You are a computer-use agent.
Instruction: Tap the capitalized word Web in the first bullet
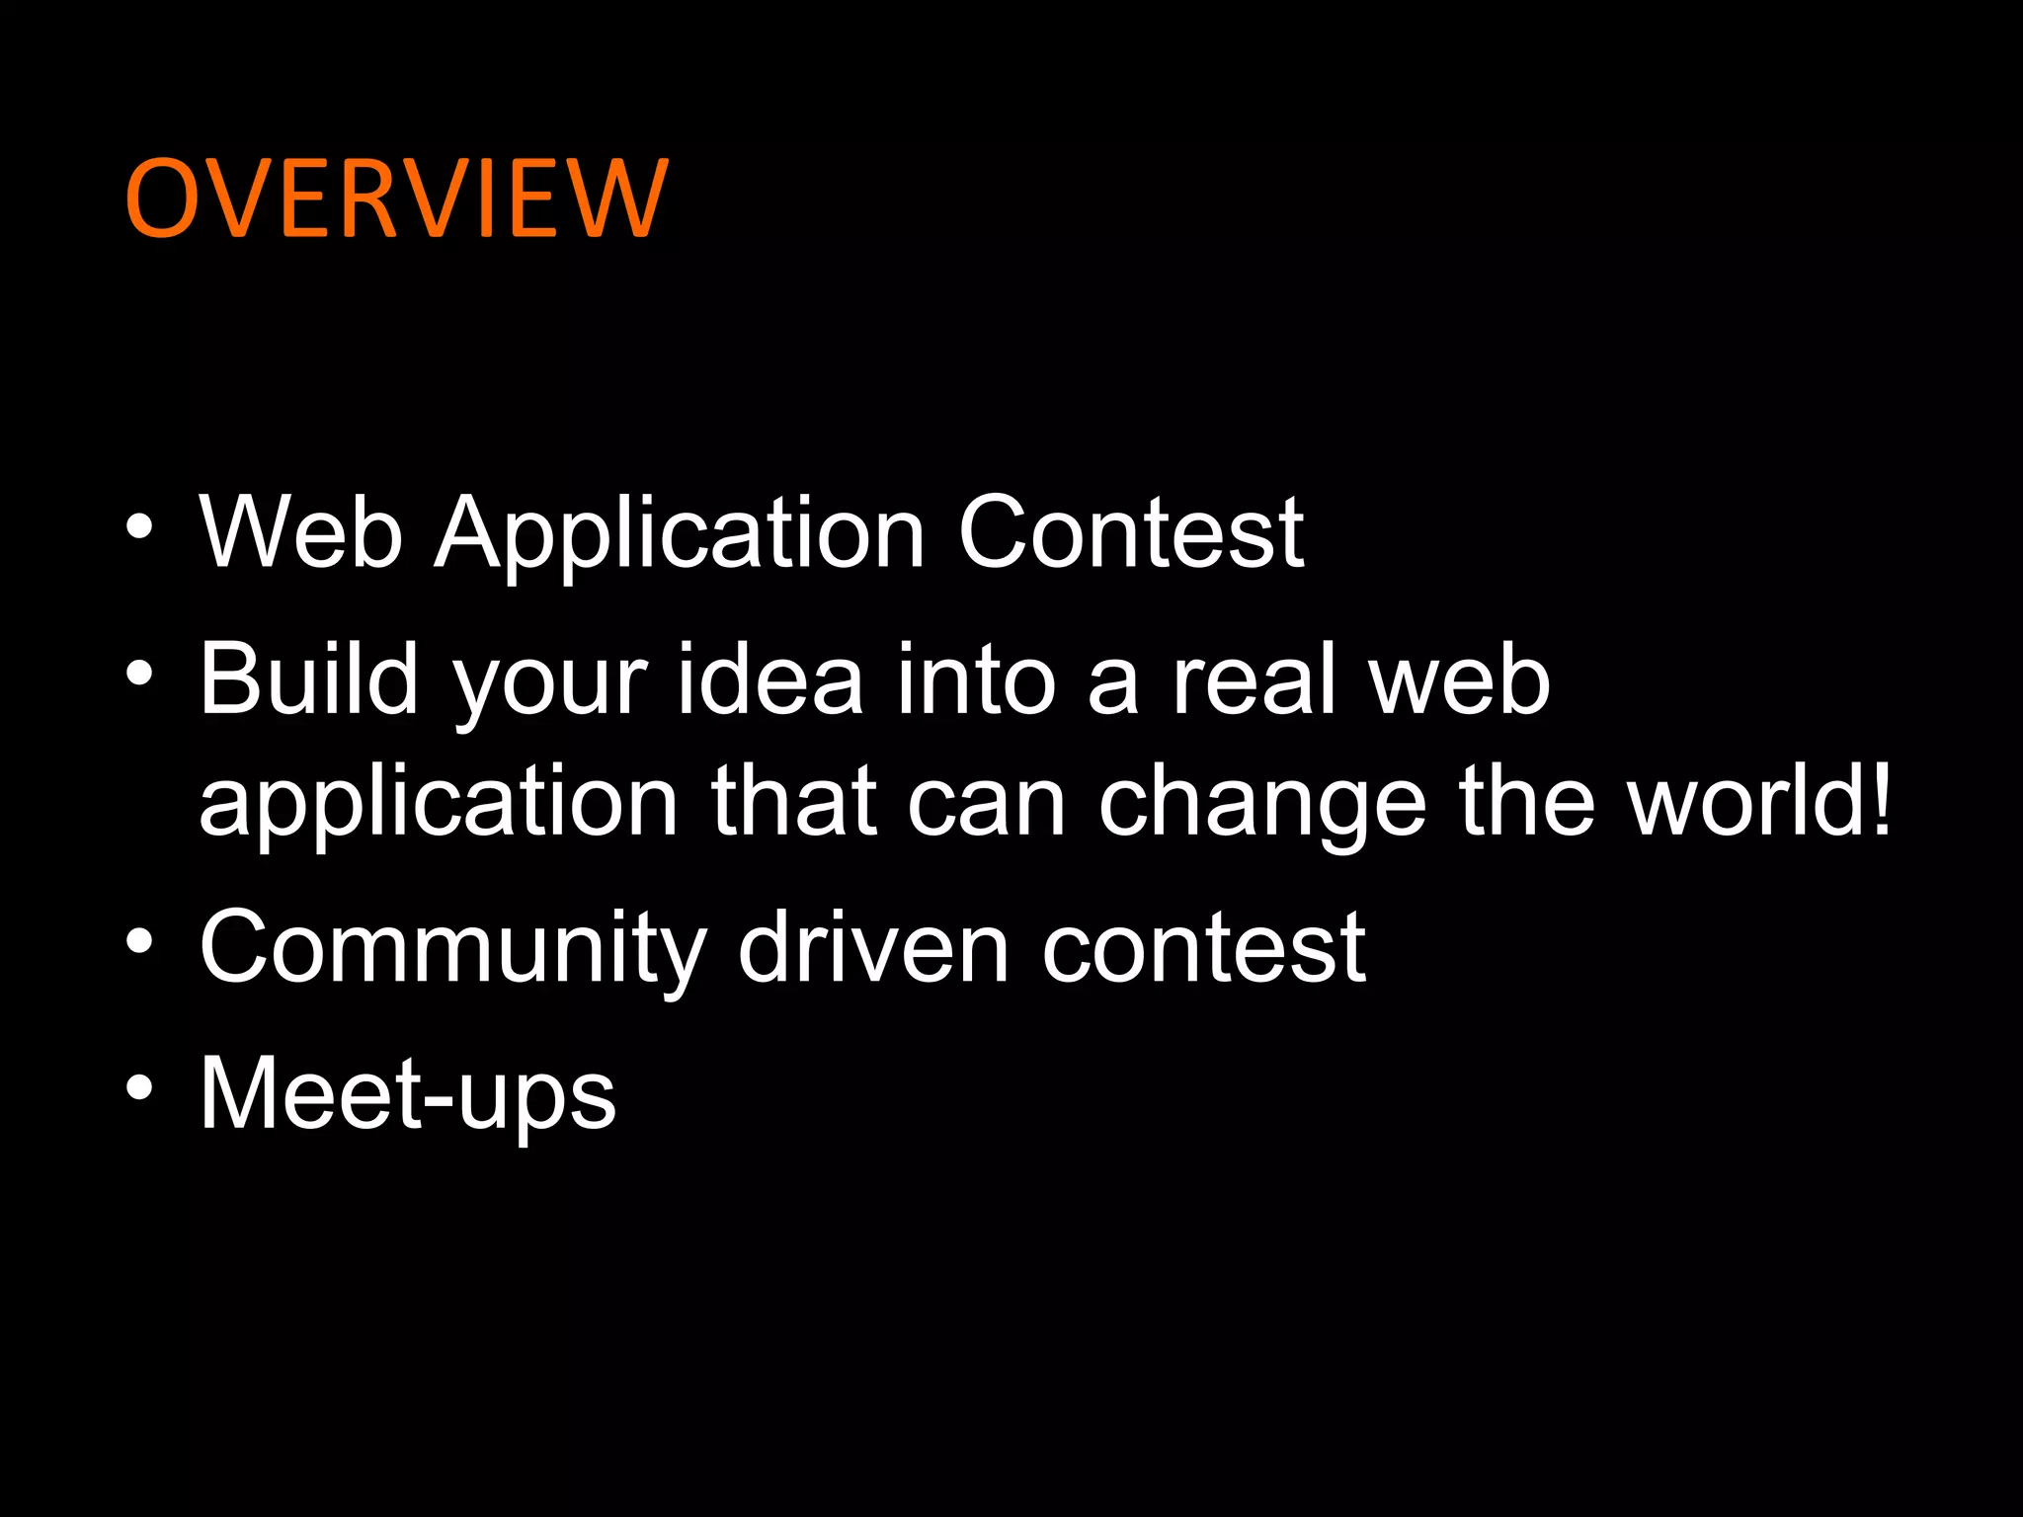coord(300,533)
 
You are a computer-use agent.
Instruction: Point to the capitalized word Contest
coord(1131,533)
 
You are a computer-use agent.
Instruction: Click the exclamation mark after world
coord(1879,800)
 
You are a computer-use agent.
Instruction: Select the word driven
coord(873,948)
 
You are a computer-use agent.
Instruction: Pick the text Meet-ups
coord(408,1094)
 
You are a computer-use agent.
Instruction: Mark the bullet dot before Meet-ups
coord(140,1087)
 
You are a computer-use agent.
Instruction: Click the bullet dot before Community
coord(140,941)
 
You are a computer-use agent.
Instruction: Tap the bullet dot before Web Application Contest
coord(140,525)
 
